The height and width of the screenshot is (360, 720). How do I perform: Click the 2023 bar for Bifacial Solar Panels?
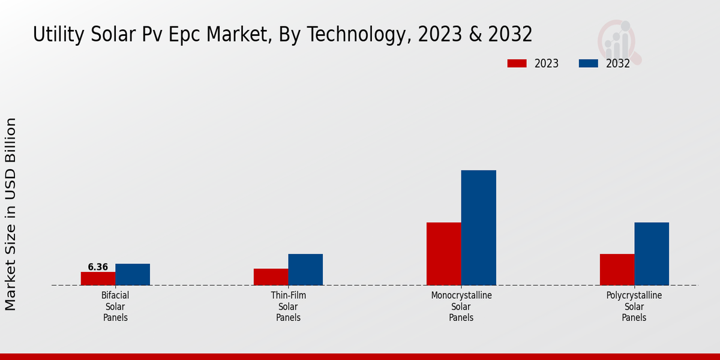(98, 278)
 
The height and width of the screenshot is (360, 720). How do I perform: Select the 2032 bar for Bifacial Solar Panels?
(133, 274)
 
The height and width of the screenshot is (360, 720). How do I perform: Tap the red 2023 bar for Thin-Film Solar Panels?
(271, 277)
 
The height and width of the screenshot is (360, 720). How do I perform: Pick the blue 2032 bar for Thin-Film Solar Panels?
(305, 269)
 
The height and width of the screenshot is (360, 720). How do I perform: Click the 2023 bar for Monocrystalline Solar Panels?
(444, 254)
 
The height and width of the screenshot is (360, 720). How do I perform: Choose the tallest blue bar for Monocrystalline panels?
(478, 227)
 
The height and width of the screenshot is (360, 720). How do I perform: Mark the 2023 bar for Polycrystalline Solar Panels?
(617, 269)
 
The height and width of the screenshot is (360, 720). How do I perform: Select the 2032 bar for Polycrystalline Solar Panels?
(652, 254)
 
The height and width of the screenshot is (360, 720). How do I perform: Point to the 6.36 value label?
(98, 267)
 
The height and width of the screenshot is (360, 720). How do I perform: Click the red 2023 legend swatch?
(517, 64)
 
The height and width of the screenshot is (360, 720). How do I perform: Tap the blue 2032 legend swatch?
(589, 64)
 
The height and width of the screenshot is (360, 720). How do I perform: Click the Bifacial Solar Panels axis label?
(115, 307)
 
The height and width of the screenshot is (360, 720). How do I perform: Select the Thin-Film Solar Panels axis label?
(288, 307)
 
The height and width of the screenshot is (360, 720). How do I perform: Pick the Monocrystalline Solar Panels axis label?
(461, 307)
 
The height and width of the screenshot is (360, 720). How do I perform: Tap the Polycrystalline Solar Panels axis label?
(634, 307)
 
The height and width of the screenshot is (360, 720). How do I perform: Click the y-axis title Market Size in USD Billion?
(11, 214)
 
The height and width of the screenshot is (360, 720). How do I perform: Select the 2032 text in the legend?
(618, 64)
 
